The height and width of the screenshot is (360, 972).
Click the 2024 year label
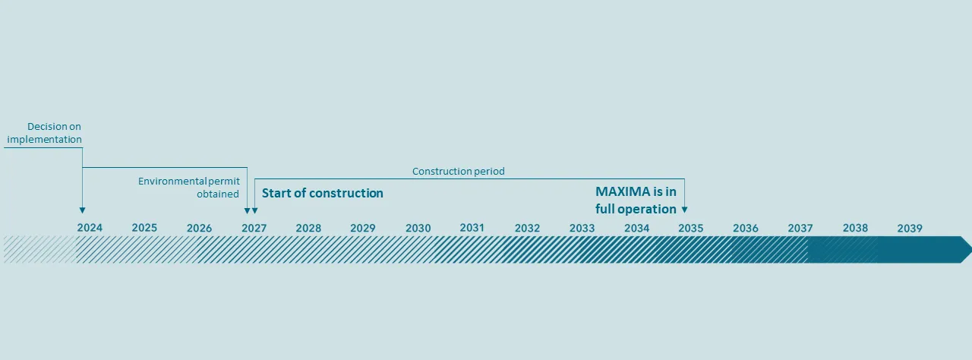(x=90, y=228)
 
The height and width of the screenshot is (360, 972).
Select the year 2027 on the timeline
(x=254, y=228)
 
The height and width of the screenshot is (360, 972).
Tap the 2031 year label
(x=472, y=228)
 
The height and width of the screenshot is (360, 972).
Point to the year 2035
(x=690, y=228)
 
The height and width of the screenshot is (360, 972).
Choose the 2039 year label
(x=909, y=228)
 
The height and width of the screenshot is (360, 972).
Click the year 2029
(x=363, y=228)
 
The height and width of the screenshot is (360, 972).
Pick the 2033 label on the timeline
(x=582, y=228)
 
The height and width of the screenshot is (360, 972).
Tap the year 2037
(x=800, y=228)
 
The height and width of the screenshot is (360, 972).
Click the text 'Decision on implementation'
(x=45, y=133)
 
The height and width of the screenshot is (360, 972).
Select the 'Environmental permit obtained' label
(x=189, y=188)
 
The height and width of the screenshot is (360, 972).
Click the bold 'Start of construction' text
(x=322, y=193)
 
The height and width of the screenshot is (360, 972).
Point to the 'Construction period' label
(x=458, y=172)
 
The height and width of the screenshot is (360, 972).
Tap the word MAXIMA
(x=623, y=192)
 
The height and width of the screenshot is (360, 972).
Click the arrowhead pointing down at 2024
(x=82, y=210)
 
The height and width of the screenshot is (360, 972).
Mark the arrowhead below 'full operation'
(x=684, y=210)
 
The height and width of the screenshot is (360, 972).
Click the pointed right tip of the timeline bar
(x=969, y=249)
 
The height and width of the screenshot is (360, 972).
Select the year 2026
(x=199, y=228)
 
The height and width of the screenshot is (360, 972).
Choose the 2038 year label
(x=855, y=228)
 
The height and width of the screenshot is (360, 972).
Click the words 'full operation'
(x=636, y=209)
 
